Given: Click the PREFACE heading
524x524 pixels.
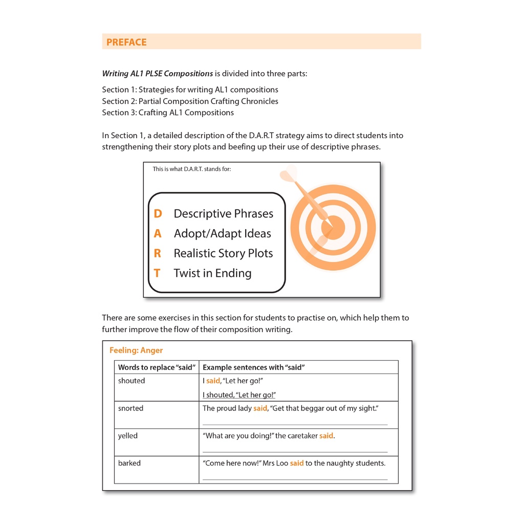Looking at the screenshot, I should pyautogui.click(x=126, y=42).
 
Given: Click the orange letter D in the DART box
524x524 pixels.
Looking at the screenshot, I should pyautogui.click(x=158, y=213).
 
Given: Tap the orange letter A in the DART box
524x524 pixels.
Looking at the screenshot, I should pyautogui.click(x=158, y=233).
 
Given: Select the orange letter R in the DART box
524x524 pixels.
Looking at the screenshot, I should pyautogui.click(x=158, y=253).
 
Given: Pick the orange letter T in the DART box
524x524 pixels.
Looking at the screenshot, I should pyautogui.click(x=157, y=273).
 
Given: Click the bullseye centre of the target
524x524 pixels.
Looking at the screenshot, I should pyautogui.click(x=333, y=227).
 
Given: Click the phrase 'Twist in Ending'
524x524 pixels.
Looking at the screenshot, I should pyautogui.click(x=212, y=273).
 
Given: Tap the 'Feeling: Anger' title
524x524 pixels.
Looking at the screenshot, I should pyautogui.click(x=136, y=351).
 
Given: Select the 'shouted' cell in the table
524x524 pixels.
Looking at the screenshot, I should pyautogui.click(x=132, y=381).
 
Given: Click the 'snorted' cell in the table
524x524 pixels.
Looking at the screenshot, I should pyautogui.click(x=130, y=408).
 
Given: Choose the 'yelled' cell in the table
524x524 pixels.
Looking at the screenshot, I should pyautogui.click(x=128, y=436).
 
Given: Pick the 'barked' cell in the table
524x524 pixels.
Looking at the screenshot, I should pyautogui.click(x=129, y=463).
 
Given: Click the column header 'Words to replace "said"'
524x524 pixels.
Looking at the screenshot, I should pyautogui.click(x=157, y=367).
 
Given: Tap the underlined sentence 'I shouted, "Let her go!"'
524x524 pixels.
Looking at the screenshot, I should pyautogui.click(x=239, y=395).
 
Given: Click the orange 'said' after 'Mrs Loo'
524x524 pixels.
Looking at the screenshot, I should pyautogui.click(x=297, y=463).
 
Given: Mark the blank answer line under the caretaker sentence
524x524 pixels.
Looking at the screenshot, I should pyautogui.click(x=295, y=452).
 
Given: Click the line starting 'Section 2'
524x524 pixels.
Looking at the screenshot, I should pyautogui.click(x=190, y=101).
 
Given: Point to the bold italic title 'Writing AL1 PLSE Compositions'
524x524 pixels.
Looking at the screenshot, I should pyautogui.click(x=158, y=73).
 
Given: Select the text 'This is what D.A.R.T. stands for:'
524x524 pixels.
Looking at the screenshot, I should pyautogui.click(x=192, y=169).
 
